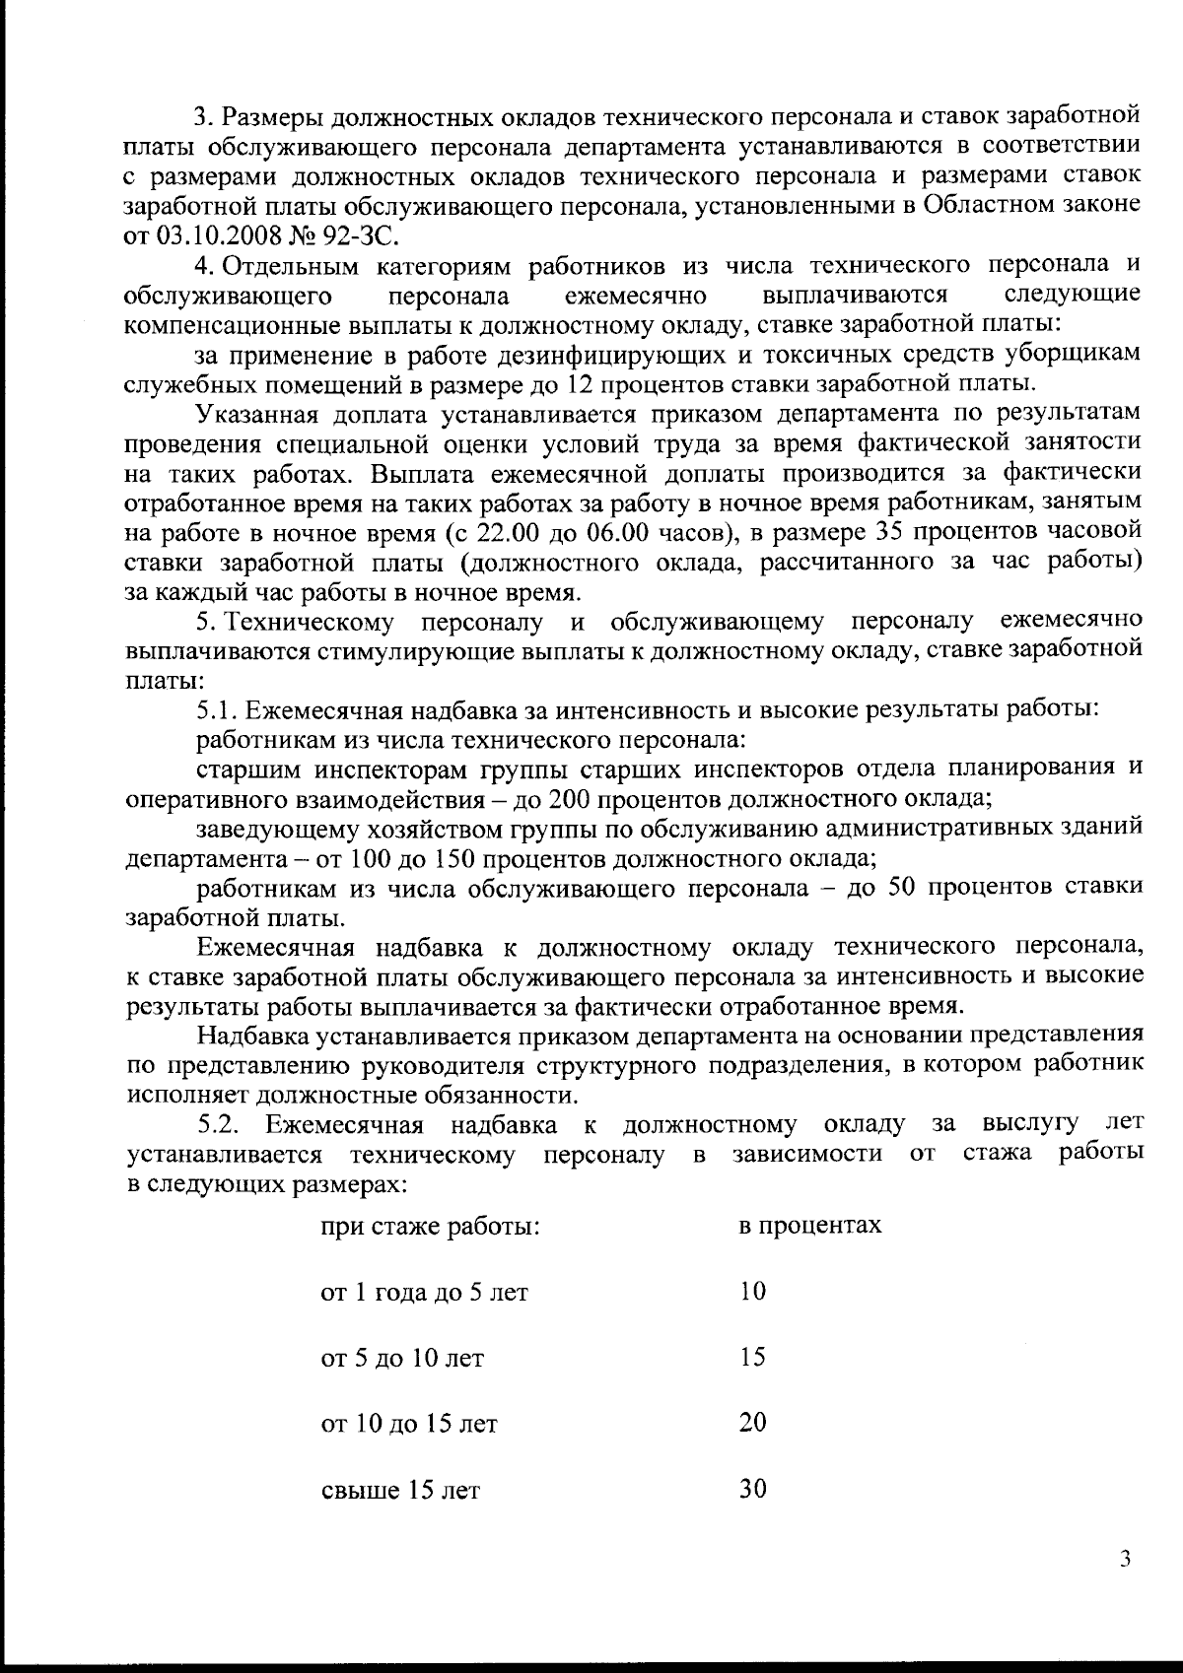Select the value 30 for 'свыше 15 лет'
[x=753, y=1489]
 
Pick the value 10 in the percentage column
[x=752, y=1291]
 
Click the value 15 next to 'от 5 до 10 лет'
[x=752, y=1357]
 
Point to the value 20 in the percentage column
[x=753, y=1423]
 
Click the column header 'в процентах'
[x=810, y=1226]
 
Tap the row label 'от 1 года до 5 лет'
[x=425, y=1293]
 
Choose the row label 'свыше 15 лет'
[x=400, y=1490]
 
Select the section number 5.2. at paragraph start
[x=218, y=1125]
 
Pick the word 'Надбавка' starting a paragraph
[x=249, y=1036]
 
